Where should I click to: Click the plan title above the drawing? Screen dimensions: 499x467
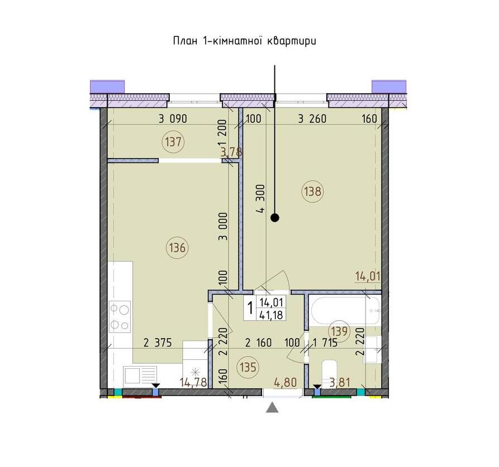(x=244, y=41)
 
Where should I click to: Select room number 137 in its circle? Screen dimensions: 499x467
(x=173, y=142)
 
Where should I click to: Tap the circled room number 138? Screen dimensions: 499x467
(x=313, y=191)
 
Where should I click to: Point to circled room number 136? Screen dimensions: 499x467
(x=177, y=247)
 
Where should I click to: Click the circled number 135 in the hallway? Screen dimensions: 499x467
(x=248, y=367)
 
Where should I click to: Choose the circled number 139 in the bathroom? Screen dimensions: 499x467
(x=339, y=331)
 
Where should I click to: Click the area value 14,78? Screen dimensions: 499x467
(x=193, y=382)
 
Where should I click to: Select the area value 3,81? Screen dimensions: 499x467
(x=340, y=382)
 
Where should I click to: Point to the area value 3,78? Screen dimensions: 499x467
(x=232, y=152)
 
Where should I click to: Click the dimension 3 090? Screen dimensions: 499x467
(x=173, y=119)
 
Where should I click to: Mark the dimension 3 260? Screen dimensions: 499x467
(x=312, y=119)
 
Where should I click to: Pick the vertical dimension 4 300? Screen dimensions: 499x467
(x=260, y=199)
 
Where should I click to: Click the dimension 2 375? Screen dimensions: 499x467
(x=158, y=343)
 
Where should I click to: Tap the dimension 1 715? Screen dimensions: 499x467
(x=325, y=343)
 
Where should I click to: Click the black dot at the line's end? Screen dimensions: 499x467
(x=275, y=218)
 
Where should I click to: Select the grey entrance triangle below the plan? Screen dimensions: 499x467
(x=272, y=407)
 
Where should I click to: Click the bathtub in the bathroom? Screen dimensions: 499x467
(x=345, y=310)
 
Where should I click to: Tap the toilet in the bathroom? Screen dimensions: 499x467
(x=329, y=373)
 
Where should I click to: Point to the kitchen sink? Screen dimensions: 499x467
(x=140, y=375)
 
